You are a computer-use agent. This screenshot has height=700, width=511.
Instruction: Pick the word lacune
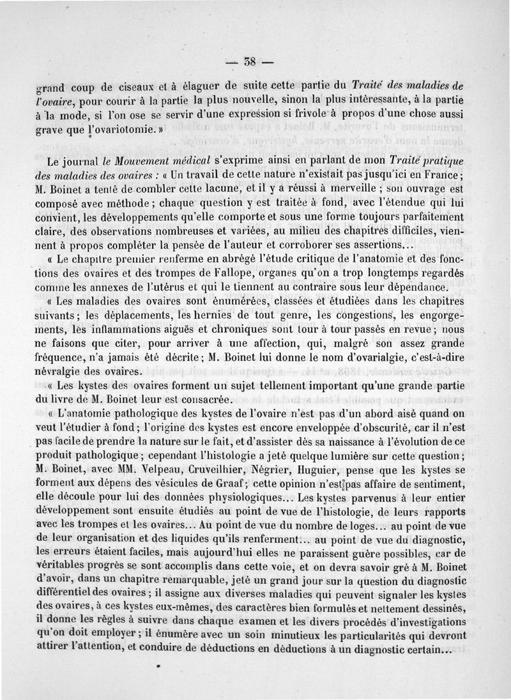pyautogui.click(x=220, y=189)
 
